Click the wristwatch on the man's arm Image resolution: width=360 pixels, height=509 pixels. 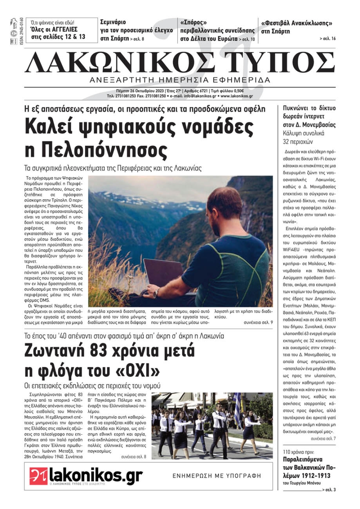pos(156,293)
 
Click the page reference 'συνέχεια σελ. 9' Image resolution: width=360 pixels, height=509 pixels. pos(258,323)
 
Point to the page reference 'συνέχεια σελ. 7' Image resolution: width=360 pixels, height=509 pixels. pos(323,438)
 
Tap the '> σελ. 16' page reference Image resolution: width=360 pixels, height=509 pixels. pos(327,39)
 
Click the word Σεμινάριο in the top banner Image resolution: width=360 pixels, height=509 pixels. pos(113,22)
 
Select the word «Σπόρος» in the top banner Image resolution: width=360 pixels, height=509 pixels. pos(194,23)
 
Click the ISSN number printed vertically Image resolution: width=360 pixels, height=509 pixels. pos(21,31)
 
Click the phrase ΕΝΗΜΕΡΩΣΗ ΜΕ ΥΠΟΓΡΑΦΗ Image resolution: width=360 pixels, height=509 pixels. pos(217,476)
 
